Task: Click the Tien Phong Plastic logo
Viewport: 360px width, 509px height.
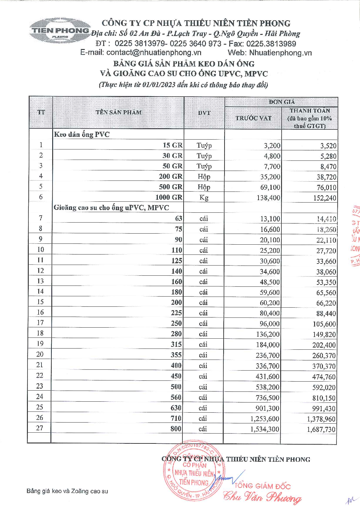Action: pos(59,31)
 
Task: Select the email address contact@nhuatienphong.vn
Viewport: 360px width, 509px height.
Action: pos(154,53)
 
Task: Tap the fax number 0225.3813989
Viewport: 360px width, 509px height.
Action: pos(271,44)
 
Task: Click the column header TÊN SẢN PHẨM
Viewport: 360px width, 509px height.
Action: pos(119,113)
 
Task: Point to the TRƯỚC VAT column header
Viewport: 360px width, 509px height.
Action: pos(253,118)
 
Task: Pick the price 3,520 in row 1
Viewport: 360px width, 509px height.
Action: pos(328,146)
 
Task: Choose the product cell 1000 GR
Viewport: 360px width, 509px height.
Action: pos(169,198)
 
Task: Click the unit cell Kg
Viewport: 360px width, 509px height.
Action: pos(204,198)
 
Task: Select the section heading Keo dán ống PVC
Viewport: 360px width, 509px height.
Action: pos(82,134)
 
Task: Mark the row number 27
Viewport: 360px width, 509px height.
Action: pos(40,428)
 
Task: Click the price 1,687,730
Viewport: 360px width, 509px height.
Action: pos(321,429)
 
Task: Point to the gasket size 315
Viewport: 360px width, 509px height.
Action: pos(176,344)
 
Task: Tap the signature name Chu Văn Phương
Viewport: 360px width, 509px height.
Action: pos(262,497)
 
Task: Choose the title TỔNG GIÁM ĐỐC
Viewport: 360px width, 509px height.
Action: pos(262,486)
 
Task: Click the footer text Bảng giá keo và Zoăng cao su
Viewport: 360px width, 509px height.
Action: pos(67,491)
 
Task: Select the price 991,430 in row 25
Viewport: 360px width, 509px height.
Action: pos(324,409)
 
